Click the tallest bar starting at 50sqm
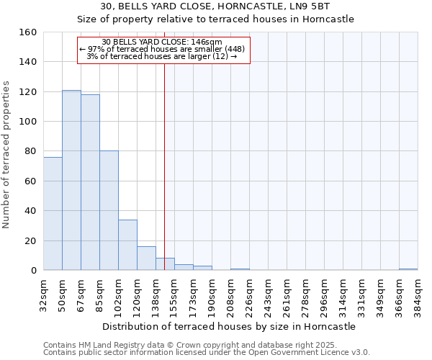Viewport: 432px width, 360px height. [x=71, y=180]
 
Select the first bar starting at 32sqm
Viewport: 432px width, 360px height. [x=53, y=214]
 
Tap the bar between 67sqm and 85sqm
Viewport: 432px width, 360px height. [x=90, y=183]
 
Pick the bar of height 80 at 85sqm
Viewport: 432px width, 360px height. [x=109, y=211]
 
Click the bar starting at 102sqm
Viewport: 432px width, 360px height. [x=127, y=245]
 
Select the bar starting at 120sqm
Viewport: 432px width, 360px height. [x=146, y=258]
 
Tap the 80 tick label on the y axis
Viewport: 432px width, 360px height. [x=30, y=151]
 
